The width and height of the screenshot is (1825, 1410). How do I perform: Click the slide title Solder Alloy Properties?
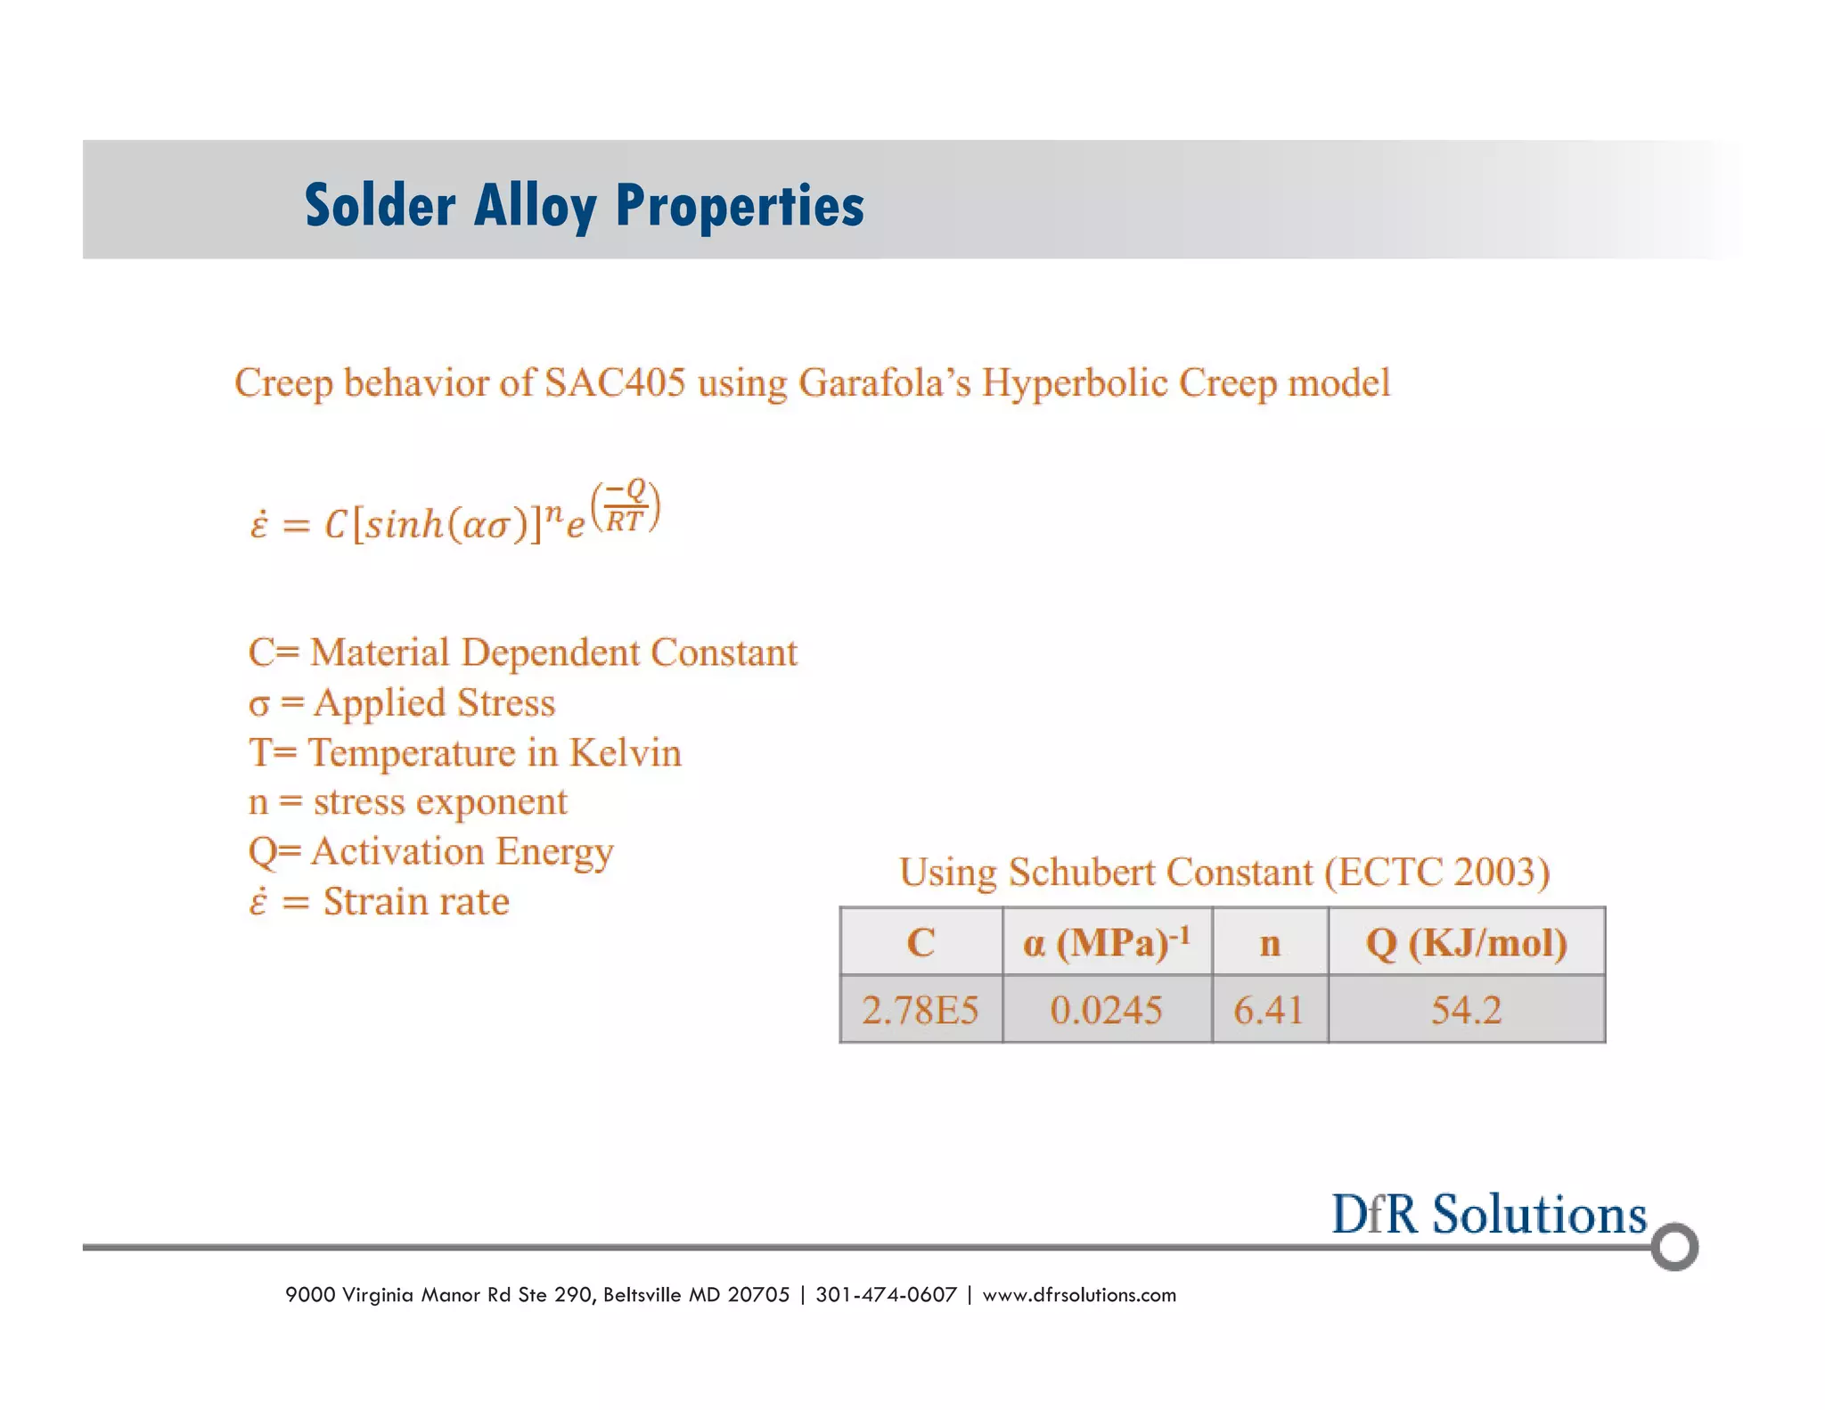(584, 205)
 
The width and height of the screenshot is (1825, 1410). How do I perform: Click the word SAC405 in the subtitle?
(615, 383)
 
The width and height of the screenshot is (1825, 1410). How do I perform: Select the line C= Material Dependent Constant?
(522, 652)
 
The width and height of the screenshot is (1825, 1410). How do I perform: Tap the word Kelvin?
(625, 753)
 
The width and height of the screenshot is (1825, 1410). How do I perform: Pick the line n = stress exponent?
(407, 802)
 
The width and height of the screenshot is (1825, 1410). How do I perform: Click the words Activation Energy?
(462, 852)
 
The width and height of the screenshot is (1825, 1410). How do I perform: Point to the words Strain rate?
(415, 902)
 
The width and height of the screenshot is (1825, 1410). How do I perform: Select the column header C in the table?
(921, 942)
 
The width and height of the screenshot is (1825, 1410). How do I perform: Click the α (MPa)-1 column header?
(1106, 942)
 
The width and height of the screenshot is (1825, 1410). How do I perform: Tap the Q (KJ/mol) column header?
(1466, 942)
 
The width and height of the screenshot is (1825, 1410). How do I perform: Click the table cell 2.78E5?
(921, 1010)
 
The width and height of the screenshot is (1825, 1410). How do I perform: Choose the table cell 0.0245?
(1106, 1010)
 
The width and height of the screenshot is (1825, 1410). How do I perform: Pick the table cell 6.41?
(1269, 1010)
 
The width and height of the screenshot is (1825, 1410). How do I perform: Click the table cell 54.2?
(1466, 1010)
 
